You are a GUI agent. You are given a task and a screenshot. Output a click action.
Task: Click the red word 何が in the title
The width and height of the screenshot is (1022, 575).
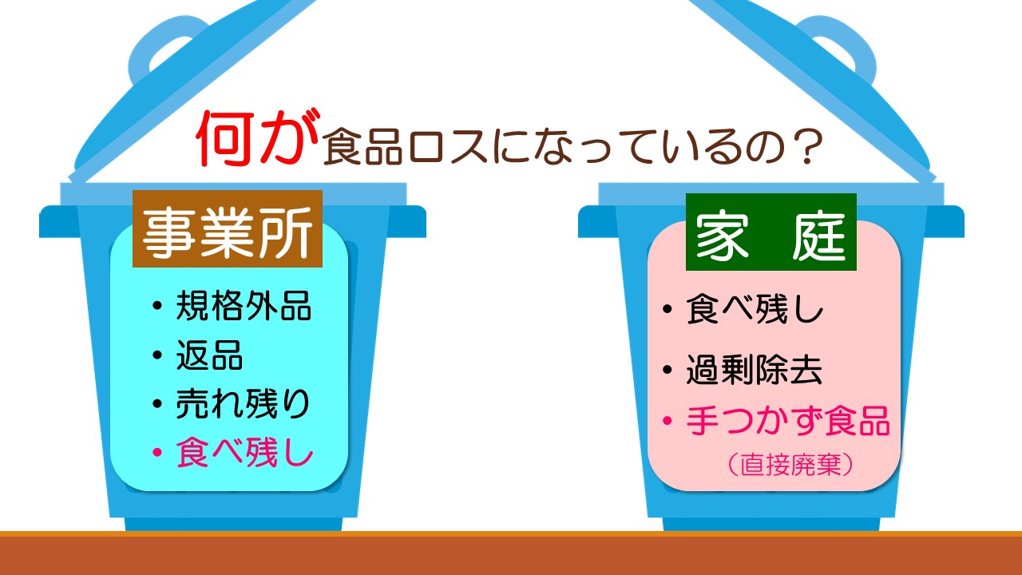pyautogui.click(x=258, y=138)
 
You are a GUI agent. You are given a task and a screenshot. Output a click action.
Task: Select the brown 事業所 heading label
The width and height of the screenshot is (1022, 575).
pyautogui.click(x=228, y=228)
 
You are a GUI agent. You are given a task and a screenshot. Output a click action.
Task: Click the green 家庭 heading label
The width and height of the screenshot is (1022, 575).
pyautogui.click(x=771, y=232)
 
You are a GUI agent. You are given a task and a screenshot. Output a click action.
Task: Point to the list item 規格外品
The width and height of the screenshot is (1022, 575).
pyautogui.click(x=244, y=305)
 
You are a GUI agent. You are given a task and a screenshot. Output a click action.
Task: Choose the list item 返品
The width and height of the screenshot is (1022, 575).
pyautogui.click(x=209, y=355)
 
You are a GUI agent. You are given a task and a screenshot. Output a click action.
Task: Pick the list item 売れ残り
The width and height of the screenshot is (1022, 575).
pyautogui.click(x=244, y=403)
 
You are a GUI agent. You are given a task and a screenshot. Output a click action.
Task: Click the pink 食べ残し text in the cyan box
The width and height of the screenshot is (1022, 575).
pyautogui.click(x=245, y=452)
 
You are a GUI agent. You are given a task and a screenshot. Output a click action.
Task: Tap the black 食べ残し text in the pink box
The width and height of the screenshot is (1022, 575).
pyautogui.click(x=755, y=309)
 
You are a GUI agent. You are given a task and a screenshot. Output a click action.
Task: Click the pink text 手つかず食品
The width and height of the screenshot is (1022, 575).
pyautogui.click(x=788, y=420)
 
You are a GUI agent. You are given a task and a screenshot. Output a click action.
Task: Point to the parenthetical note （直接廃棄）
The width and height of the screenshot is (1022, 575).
pyautogui.click(x=790, y=465)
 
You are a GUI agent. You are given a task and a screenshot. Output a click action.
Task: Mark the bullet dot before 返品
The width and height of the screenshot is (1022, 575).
pyautogui.click(x=157, y=355)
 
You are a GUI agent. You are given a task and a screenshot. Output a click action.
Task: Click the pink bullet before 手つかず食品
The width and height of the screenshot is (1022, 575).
pyautogui.click(x=667, y=420)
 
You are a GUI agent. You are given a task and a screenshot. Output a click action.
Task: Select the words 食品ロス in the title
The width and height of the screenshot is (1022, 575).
pyautogui.click(x=406, y=146)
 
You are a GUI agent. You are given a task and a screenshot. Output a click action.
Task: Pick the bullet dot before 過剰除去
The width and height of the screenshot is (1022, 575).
pyautogui.click(x=667, y=369)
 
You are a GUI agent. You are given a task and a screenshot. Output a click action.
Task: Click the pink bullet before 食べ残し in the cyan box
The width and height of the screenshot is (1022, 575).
pyautogui.click(x=157, y=452)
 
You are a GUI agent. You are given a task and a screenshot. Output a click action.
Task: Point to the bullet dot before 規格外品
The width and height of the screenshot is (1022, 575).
pyautogui.click(x=157, y=305)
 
